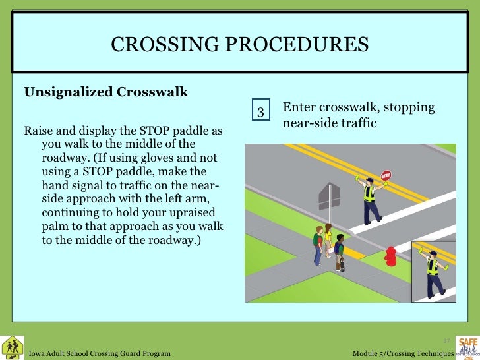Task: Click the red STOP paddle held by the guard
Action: coord(386,176)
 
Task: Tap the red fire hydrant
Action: coord(390,256)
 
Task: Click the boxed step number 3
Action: coord(261,112)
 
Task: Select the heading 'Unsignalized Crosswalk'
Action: coord(106,92)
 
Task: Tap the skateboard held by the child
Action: coord(342,264)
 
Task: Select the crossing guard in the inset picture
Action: coord(433,271)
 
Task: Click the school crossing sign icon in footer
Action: coord(13,347)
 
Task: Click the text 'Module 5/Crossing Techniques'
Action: coord(403,354)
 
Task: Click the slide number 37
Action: coord(446,340)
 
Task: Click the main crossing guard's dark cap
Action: coord(369,178)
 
